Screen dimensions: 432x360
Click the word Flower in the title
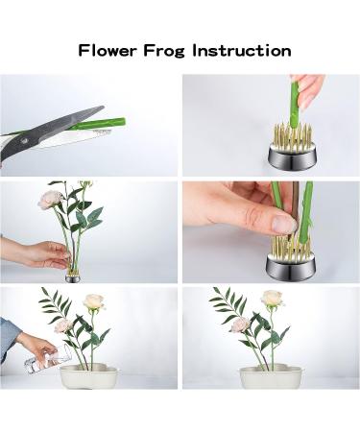click(107, 49)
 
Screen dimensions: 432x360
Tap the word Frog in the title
click(174, 49)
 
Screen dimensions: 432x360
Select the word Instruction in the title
click(252, 49)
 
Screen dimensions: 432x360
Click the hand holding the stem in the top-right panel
click(309, 88)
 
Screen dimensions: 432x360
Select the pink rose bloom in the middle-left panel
click(50, 199)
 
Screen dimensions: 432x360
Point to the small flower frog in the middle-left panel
click(73, 276)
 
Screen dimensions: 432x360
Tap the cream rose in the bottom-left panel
click(93, 302)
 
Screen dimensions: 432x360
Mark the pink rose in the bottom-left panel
click(63, 325)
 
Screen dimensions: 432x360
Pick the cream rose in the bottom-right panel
click(274, 300)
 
